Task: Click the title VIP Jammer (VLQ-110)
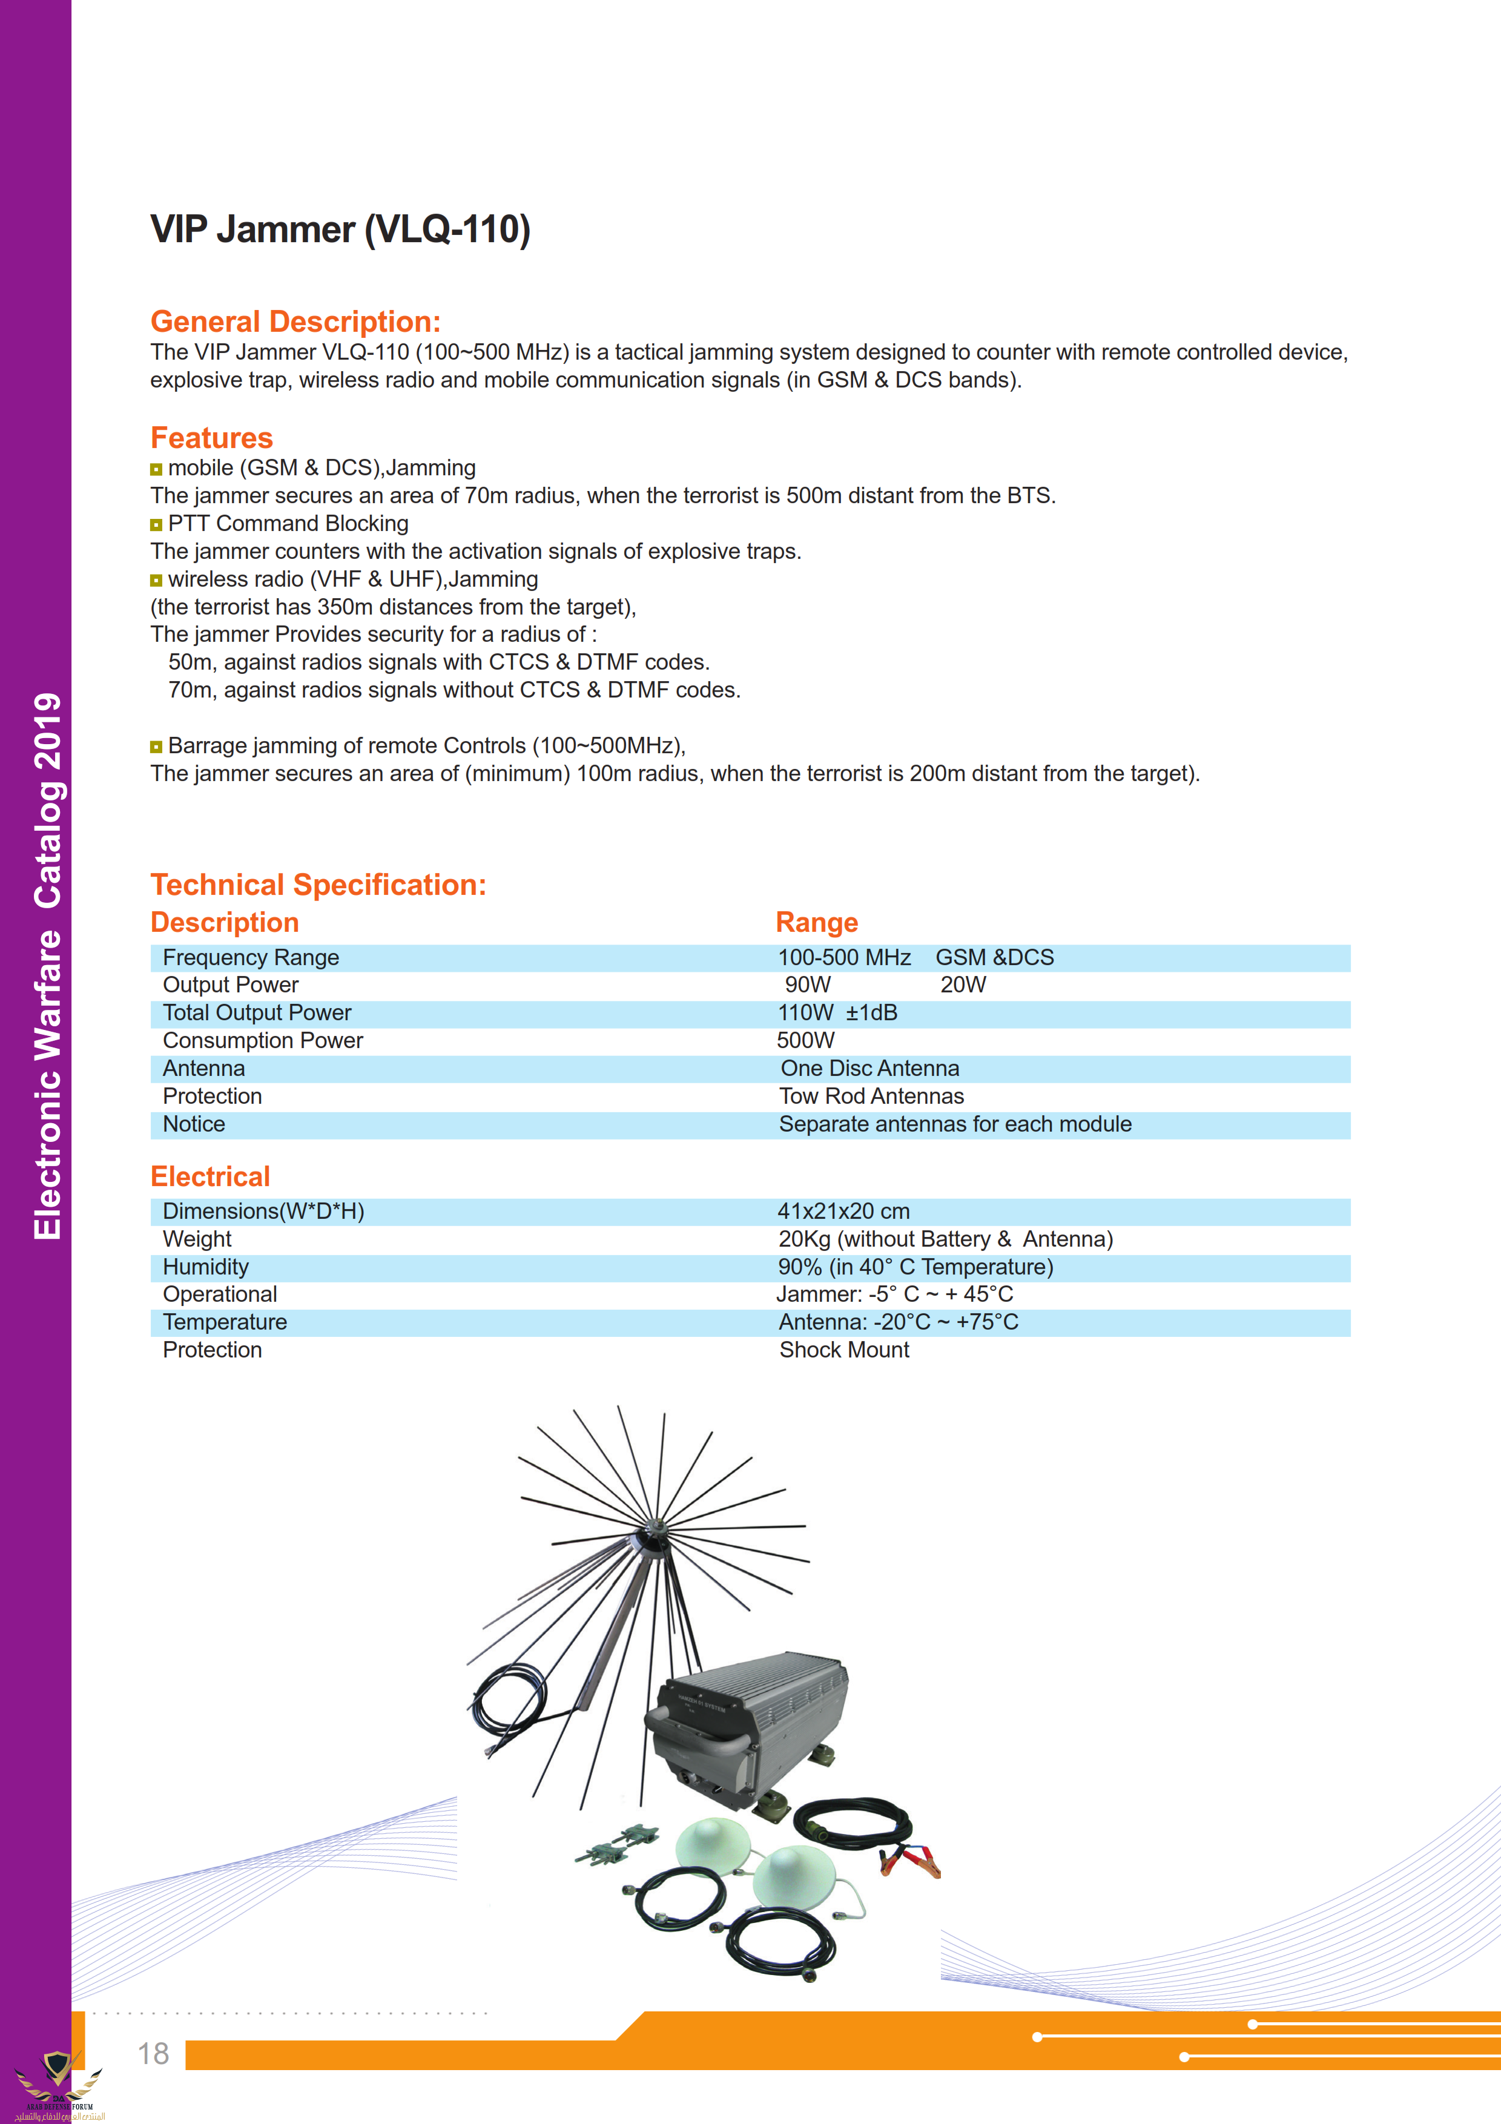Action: pos(340,229)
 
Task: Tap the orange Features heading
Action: pos(212,438)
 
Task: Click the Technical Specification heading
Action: pos(318,885)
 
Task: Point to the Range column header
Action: pos(817,922)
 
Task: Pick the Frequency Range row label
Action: pos(251,957)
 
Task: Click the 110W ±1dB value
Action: pos(837,1013)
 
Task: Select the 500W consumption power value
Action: pos(805,1041)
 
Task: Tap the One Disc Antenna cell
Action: pos(869,1069)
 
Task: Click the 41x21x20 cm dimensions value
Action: pos(843,1211)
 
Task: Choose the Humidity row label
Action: pos(205,1267)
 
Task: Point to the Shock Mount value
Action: pos(843,1350)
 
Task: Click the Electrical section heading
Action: pos(210,1176)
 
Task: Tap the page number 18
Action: pos(154,2054)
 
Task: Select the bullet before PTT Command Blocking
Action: pos(156,524)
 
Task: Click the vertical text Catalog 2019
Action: pos(48,800)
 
